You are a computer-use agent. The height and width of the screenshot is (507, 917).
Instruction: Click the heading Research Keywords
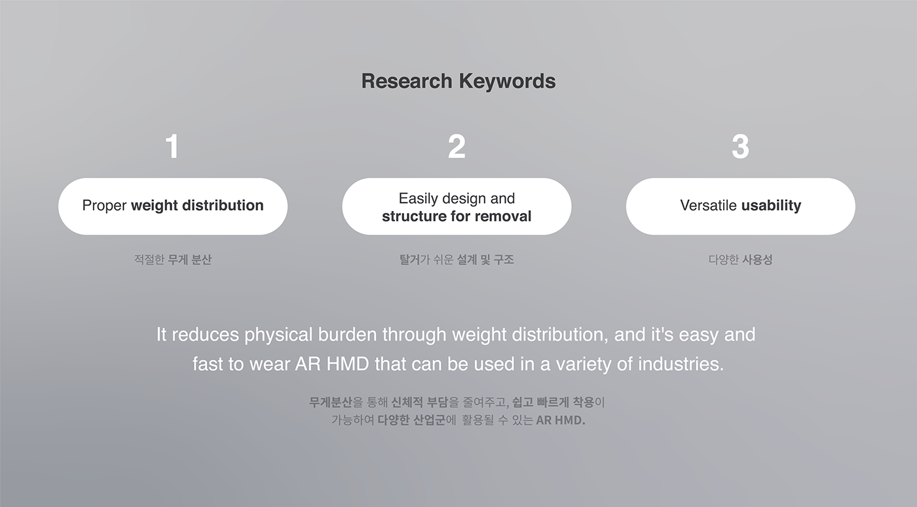[x=458, y=81]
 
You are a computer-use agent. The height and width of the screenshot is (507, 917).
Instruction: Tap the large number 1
[x=172, y=147]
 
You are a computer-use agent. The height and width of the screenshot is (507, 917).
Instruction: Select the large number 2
[x=457, y=147]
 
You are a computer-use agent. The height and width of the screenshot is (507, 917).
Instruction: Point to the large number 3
[x=740, y=147]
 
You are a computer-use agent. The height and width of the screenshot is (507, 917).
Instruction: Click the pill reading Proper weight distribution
[x=173, y=206]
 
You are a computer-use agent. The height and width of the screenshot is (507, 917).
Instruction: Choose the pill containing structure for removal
[x=457, y=206]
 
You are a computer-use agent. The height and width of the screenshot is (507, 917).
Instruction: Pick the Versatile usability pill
[x=740, y=206]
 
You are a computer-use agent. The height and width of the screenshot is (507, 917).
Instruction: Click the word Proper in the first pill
[x=104, y=206]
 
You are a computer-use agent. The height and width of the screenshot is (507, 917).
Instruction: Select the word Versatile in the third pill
[x=708, y=206]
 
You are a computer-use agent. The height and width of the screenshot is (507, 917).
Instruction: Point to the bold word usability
[x=771, y=206]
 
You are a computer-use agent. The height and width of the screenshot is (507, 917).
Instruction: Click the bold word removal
[x=506, y=216]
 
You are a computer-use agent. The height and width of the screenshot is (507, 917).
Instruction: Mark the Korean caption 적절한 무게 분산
[x=173, y=259]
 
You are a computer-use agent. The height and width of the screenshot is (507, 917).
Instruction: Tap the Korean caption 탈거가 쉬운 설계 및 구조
[x=457, y=259]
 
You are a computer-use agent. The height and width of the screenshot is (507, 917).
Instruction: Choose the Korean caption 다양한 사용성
[x=740, y=259]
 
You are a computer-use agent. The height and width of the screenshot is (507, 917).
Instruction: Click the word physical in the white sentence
[x=278, y=335]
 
